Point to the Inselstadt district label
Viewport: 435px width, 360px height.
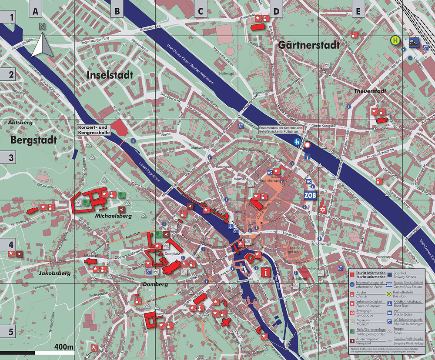[110, 75]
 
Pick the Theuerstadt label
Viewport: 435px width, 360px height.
[370, 91]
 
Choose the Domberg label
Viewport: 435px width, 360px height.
[155, 284]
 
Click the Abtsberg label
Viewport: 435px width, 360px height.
[21, 123]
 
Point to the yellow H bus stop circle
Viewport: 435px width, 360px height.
[395, 40]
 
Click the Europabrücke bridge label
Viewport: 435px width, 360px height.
[147, 28]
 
